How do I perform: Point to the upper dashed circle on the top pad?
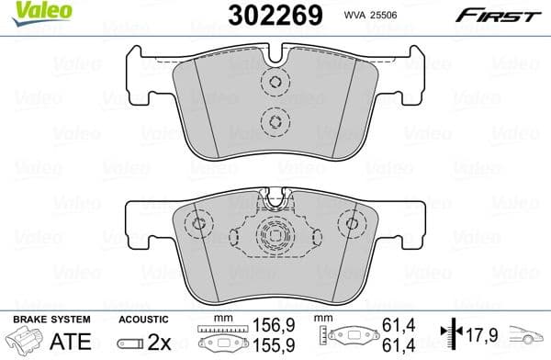[x=273, y=83]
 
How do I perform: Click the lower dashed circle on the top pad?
[x=273, y=120]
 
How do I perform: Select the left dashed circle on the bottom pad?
[x=197, y=225]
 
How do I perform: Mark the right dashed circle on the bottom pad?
[x=349, y=225]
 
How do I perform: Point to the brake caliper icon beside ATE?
[x=24, y=342]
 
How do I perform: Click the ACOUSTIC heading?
[x=143, y=319]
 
